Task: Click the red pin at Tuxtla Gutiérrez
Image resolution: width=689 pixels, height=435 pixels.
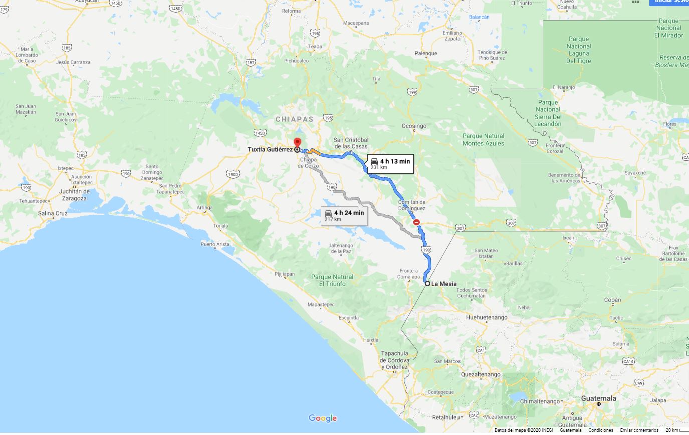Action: pos(297,142)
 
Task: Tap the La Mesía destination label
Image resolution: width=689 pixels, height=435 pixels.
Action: pos(444,284)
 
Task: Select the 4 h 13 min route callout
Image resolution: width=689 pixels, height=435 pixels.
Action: pos(390,163)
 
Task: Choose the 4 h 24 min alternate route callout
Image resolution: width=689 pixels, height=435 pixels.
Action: pos(344,215)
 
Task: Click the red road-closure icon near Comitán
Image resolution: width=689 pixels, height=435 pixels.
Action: pos(416,222)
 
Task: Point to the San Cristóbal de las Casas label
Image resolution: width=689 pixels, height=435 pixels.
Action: pos(351,143)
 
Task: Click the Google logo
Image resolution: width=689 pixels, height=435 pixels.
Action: pos(323,418)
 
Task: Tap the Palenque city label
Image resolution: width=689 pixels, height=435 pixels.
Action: pos(426,53)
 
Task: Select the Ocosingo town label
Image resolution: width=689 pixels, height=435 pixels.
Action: pos(414,126)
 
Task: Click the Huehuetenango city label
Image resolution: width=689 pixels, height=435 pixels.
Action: pos(486,317)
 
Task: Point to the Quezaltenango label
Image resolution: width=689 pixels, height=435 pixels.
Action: pos(481,374)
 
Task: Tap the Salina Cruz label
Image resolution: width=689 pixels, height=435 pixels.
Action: pos(53,213)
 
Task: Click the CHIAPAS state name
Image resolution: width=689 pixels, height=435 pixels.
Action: pos(294,119)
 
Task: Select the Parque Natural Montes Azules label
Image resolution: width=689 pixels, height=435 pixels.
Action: pos(483,139)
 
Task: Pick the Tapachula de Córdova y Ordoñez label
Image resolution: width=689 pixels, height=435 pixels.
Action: pos(394,360)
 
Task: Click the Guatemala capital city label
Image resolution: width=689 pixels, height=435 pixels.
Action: pos(598,399)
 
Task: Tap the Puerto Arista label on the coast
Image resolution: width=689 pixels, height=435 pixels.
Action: pos(215,244)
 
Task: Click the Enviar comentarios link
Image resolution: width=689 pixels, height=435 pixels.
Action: pos(639,430)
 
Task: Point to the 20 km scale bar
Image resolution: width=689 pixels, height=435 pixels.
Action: pos(676,430)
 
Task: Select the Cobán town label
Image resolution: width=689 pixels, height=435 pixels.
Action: pos(612,300)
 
